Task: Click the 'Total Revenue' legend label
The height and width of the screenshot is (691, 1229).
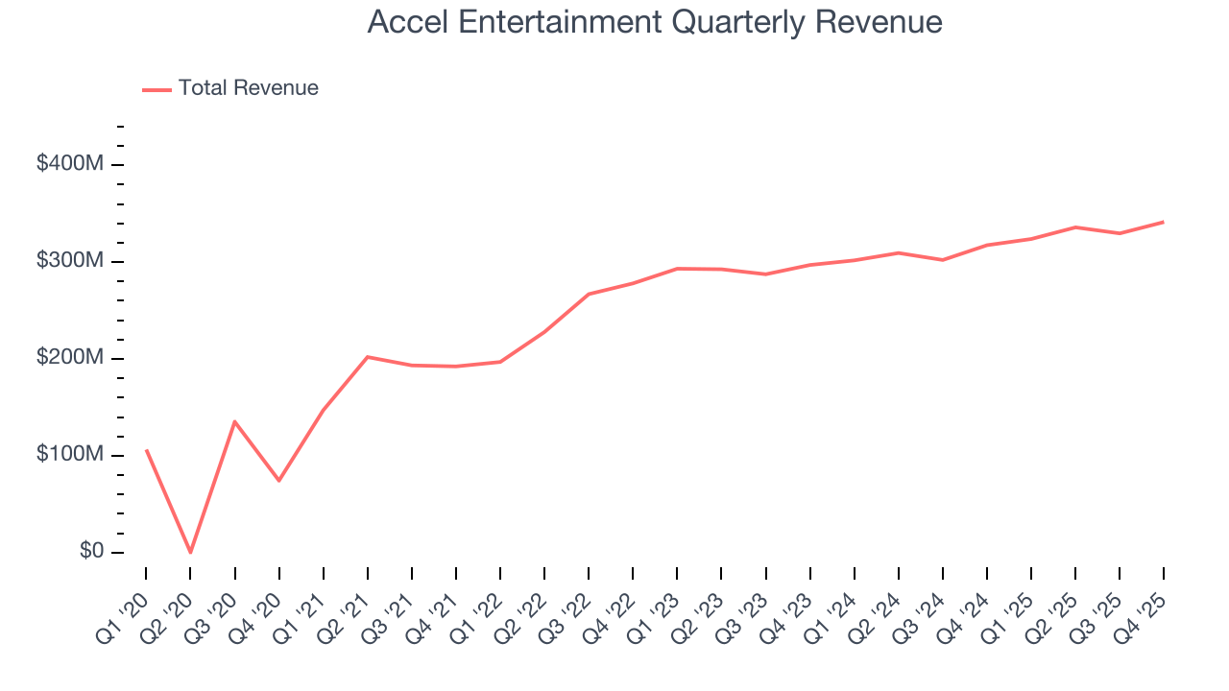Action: click(248, 88)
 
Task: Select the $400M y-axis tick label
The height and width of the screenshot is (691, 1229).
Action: click(69, 164)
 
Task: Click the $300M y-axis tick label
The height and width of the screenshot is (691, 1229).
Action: click(69, 261)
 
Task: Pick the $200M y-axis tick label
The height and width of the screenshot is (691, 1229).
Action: click(69, 358)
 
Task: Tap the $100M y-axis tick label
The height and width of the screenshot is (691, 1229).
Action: click(69, 455)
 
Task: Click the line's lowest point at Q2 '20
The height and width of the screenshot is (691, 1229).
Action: click(190, 552)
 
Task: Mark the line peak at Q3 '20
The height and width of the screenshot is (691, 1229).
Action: click(234, 421)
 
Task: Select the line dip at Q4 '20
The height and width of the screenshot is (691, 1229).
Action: click(278, 480)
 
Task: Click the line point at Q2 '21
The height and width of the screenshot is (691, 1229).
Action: click(368, 357)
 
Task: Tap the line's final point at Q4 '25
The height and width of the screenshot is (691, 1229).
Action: click(1164, 222)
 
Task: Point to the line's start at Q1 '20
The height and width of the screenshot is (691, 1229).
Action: click(146, 449)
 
